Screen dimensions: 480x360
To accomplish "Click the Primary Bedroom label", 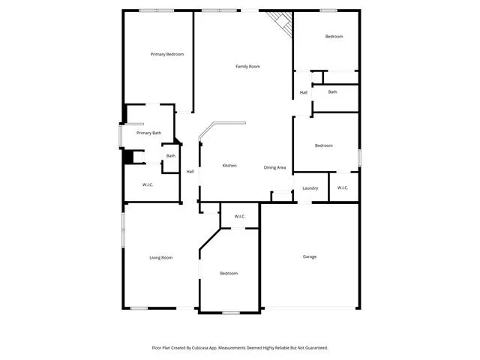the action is coord(167,54).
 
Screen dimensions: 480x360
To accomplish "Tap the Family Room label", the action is coord(247,67).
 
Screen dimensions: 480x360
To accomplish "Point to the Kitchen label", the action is coord(229,166).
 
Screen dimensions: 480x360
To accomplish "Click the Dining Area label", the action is coord(274,167).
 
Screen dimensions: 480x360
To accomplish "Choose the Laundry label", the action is coord(310,188).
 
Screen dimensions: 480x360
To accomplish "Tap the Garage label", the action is coord(310,256).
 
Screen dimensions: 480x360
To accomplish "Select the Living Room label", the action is coord(160,258).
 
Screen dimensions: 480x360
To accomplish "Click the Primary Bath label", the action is coord(148,133).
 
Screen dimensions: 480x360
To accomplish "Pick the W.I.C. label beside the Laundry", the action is coord(343,187).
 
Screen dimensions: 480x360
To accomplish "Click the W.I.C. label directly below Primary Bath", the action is coord(148,184).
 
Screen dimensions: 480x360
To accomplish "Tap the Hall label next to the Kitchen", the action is coord(190,172).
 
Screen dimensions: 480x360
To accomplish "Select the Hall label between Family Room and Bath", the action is coord(303,92).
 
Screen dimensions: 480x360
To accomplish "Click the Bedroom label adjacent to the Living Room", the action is coord(229,273).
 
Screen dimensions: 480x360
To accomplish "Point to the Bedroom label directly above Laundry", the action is coord(323,145).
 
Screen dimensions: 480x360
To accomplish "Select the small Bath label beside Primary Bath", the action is coord(171,156).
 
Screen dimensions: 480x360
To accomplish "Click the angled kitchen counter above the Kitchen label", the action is coord(222,128).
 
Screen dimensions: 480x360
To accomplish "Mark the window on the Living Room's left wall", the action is coord(123,230).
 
